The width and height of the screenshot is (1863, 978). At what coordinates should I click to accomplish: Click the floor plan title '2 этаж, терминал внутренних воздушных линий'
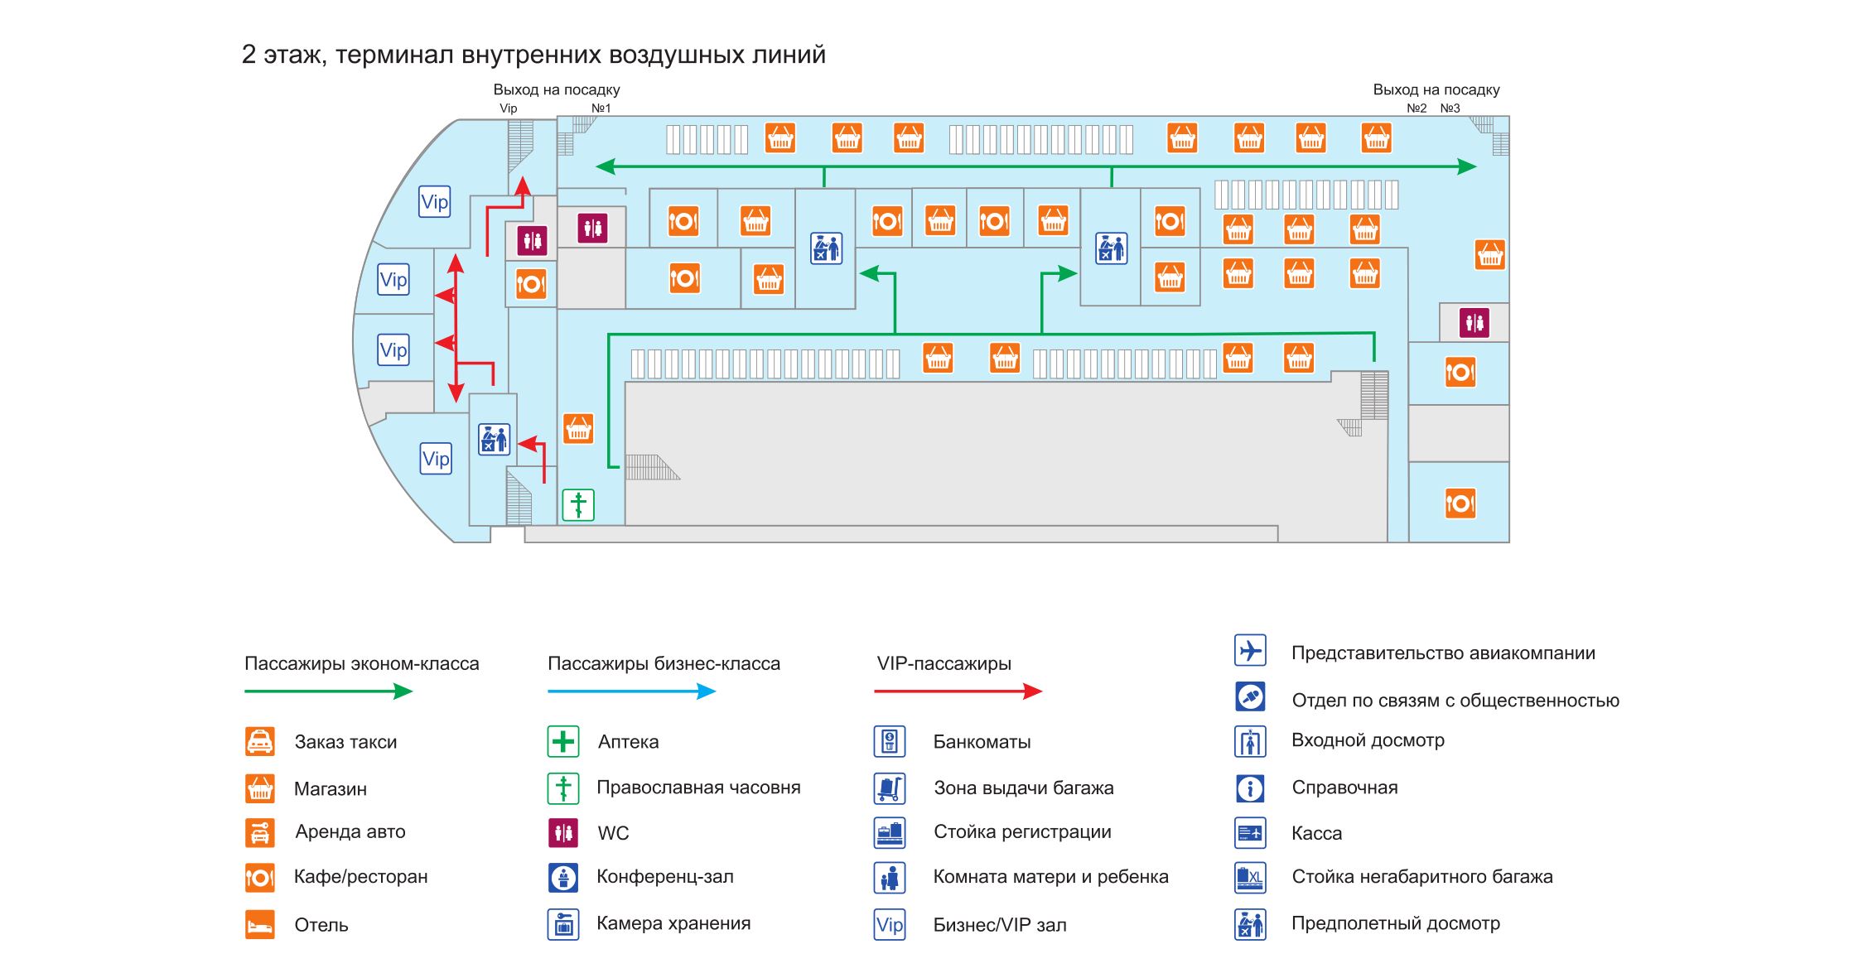tap(533, 55)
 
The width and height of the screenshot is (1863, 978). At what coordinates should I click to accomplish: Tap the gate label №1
tap(601, 108)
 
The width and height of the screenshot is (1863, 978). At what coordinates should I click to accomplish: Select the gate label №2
tap(1417, 108)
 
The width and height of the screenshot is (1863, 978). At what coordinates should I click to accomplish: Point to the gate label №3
tap(1450, 108)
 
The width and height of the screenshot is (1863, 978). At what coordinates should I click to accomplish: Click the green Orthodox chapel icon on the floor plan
tap(578, 504)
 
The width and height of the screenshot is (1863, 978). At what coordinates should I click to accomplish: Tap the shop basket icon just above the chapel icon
tap(578, 429)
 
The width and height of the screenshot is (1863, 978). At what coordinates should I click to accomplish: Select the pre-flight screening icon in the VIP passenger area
tap(494, 439)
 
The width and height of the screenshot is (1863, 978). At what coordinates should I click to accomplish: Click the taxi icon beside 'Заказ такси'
tap(259, 741)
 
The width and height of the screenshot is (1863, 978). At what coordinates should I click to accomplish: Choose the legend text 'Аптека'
tap(628, 742)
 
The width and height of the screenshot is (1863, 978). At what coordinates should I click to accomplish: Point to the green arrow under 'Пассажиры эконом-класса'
tap(328, 691)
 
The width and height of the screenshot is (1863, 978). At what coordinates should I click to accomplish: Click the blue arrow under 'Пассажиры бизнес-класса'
tap(631, 691)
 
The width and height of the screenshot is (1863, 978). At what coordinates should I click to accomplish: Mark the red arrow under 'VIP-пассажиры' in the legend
tap(958, 691)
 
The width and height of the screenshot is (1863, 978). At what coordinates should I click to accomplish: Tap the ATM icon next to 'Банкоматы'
tap(890, 741)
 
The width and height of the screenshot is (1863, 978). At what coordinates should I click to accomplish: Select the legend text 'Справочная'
tap(1344, 788)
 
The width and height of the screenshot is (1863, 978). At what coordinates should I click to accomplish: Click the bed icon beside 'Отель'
tap(259, 924)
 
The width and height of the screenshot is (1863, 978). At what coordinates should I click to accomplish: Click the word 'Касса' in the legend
tap(1316, 833)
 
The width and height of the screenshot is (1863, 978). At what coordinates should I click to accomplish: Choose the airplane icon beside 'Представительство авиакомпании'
tap(1250, 651)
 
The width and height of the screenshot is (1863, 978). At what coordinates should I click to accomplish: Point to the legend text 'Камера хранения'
tap(673, 923)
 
